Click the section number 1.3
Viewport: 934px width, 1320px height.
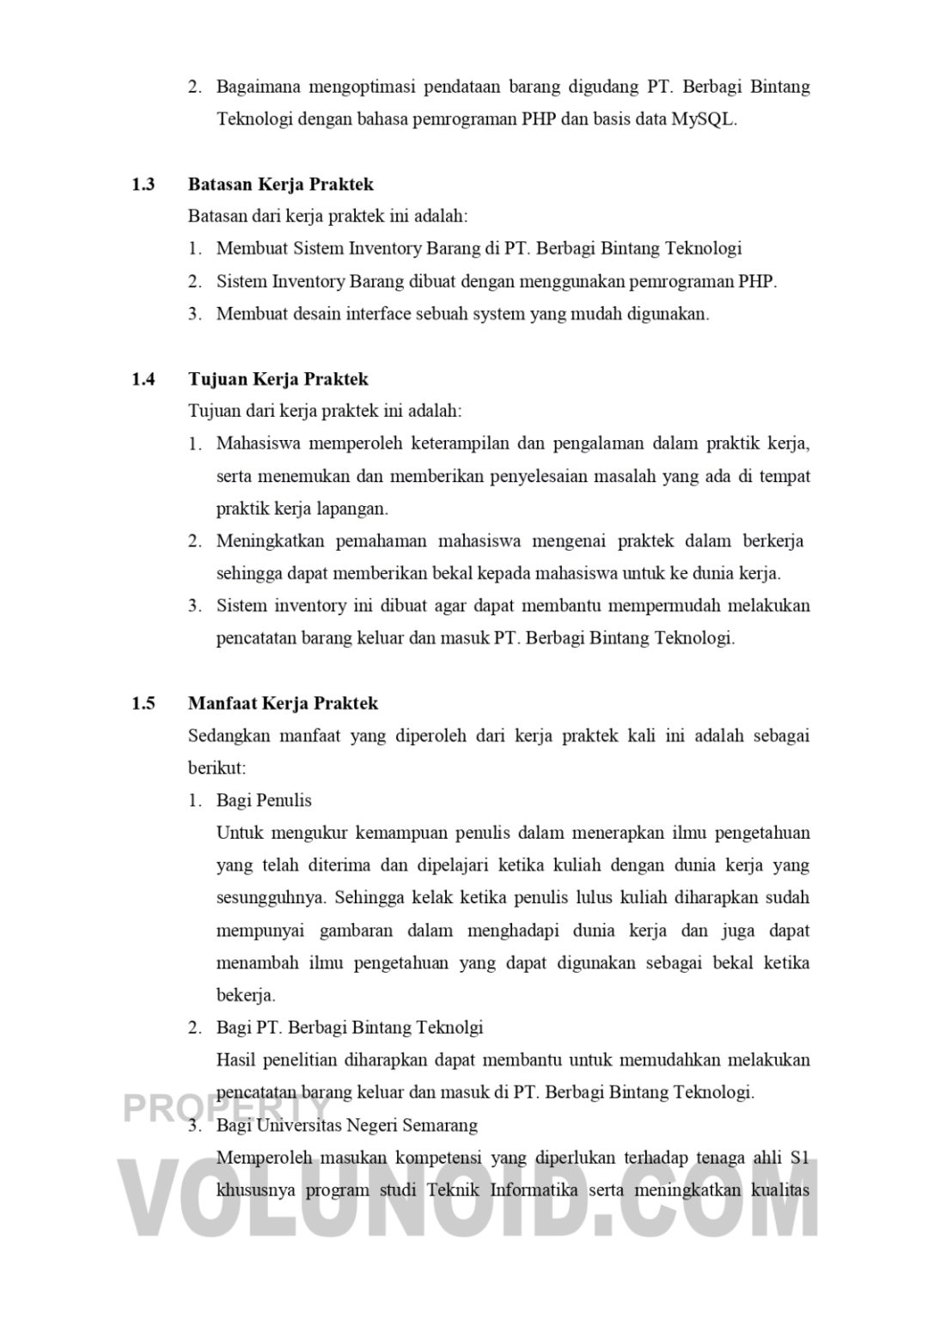coord(143,184)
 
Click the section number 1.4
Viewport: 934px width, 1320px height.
coord(143,379)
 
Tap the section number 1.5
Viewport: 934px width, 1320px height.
coord(143,703)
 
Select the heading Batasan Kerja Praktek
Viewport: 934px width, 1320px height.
coord(280,184)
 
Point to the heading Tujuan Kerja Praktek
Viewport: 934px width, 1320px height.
coord(278,379)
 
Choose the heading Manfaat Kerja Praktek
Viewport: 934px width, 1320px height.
coord(283,703)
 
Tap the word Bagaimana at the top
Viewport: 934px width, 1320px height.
coord(255,87)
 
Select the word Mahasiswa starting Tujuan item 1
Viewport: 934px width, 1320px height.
coord(255,443)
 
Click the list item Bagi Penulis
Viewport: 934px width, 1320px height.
coord(264,800)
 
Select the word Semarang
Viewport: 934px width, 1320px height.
coord(436,1125)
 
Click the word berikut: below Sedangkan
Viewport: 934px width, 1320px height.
coord(217,767)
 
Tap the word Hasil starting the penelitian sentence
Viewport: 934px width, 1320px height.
coord(236,1060)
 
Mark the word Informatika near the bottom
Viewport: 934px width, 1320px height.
coord(533,1190)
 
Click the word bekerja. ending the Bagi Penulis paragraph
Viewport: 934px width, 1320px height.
coord(246,995)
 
